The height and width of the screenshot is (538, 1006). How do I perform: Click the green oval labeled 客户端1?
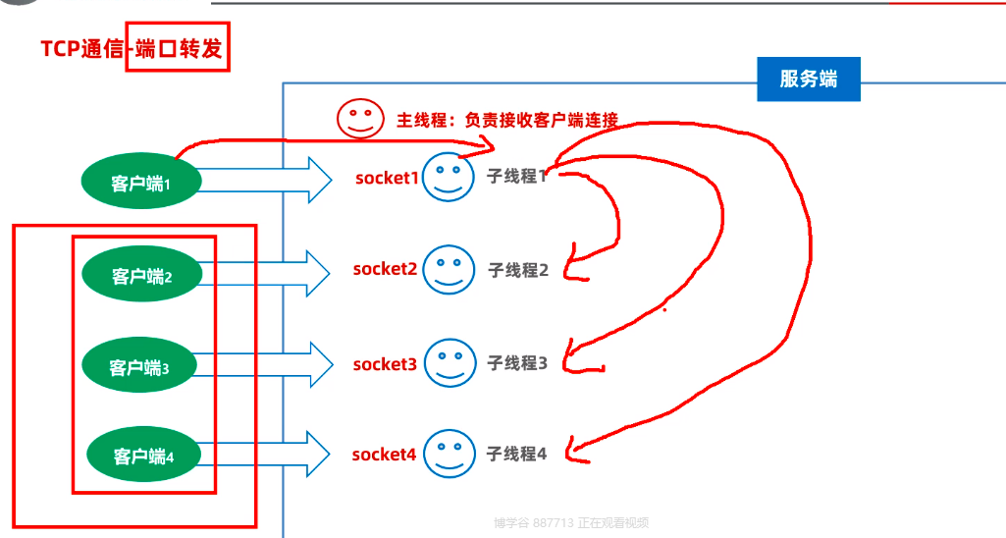click(141, 182)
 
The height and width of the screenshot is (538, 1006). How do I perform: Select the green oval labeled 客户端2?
click(141, 276)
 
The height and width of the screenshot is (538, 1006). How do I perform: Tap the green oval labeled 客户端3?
click(138, 367)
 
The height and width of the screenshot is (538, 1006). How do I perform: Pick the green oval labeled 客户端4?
click(143, 455)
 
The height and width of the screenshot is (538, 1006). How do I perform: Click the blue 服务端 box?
click(808, 80)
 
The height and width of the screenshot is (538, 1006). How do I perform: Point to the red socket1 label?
click(387, 178)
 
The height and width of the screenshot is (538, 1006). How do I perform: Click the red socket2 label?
click(385, 269)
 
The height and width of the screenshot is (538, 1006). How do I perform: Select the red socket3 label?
click(385, 364)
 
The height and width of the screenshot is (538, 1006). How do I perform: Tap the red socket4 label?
click(384, 455)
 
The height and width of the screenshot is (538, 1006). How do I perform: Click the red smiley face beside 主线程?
click(360, 119)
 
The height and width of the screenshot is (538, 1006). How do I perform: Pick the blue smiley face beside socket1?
click(449, 179)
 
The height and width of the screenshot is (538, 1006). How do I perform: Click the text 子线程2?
click(518, 270)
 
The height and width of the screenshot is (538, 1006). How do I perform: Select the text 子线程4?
click(516, 454)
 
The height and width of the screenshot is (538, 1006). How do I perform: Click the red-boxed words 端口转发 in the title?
click(177, 48)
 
